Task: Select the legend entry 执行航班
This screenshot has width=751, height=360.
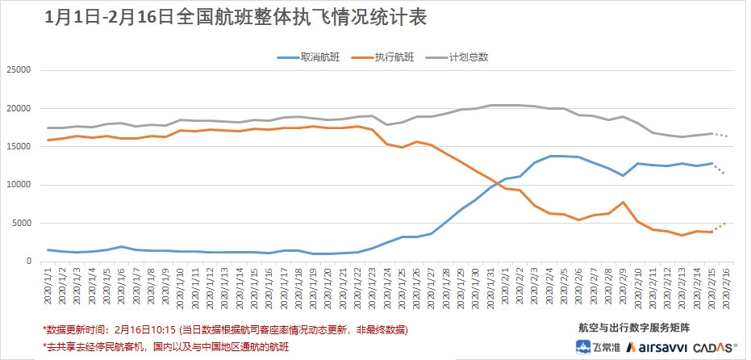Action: tap(395, 57)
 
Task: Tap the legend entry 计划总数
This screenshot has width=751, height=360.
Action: tap(472, 57)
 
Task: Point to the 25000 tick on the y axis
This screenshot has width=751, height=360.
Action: tap(18, 70)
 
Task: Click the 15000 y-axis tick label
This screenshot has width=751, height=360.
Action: tap(18, 147)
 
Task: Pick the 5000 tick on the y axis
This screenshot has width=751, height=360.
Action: tap(20, 224)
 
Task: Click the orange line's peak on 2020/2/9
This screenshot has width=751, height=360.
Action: tap(624, 202)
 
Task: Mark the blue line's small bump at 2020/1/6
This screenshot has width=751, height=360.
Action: tap(121, 247)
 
